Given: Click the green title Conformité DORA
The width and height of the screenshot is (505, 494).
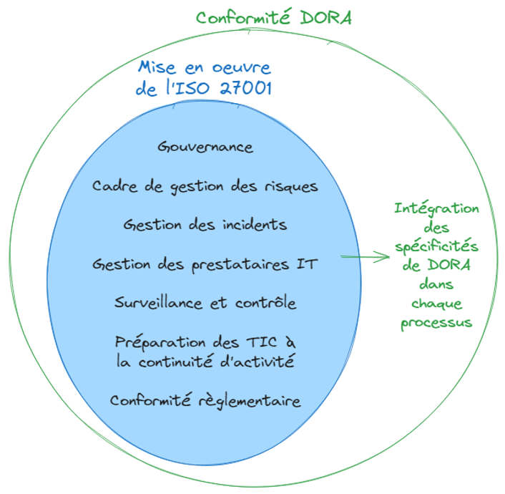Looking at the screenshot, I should pyautogui.click(x=274, y=17).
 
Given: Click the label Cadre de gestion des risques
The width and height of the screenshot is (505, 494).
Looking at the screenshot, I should pyautogui.click(x=205, y=186).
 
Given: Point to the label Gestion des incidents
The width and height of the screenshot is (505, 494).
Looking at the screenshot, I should pyautogui.click(x=205, y=225).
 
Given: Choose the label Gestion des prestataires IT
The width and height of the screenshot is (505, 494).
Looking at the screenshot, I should pyautogui.click(x=205, y=263).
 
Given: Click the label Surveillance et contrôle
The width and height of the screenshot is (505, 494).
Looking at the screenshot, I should pyautogui.click(x=205, y=303).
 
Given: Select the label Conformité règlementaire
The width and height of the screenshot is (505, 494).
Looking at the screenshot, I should pyautogui.click(x=205, y=400).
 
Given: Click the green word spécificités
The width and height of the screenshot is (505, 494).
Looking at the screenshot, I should pyautogui.click(x=436, y=246).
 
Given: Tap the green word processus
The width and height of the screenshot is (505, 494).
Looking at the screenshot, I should pyautogui.click(x=436, y=322).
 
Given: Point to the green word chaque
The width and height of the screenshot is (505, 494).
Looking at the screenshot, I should pyautogui.click(x=436, y=304).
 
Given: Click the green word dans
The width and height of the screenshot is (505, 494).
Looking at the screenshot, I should pyautogui.click(x=436, y=284).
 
